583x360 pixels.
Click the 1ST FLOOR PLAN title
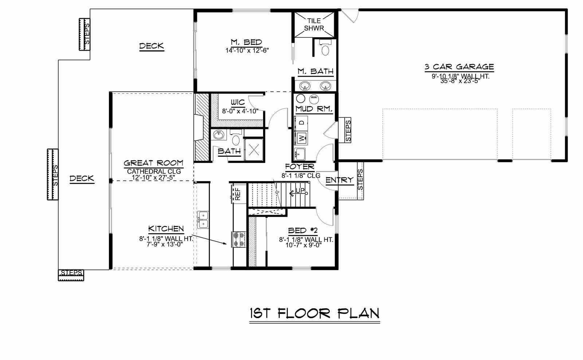point(314,313)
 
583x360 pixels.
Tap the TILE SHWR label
point(314,24)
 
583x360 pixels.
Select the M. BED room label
point(246,42)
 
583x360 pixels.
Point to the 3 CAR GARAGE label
point(459,67)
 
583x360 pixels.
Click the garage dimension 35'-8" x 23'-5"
point(460,81)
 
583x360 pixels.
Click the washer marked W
point(301,138)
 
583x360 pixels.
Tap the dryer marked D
point(301,123)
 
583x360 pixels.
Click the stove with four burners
point(239,239)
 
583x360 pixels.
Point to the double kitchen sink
point(203,220)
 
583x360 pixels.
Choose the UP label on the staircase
point(300,191)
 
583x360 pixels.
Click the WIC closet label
point(238,102)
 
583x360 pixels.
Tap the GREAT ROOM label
point(153,163)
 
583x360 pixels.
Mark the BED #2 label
point(303,231)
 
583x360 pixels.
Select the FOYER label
point(300,167)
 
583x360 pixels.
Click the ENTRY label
point(339,180)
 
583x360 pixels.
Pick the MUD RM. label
point(314,109)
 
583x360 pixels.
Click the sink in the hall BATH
point(218,135)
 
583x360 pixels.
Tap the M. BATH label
point(316,71)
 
